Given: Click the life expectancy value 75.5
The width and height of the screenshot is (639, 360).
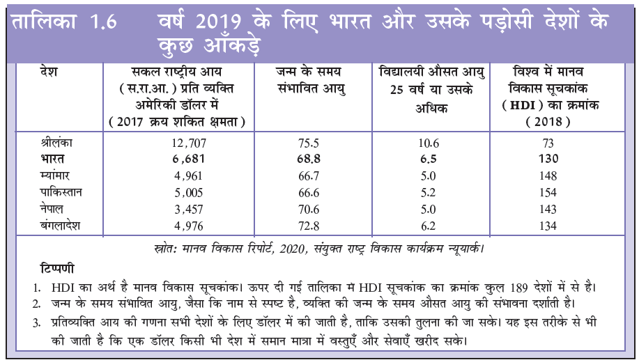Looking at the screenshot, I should tap(309, 144).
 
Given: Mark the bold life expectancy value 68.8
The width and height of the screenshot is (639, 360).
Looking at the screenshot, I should tap(309, 159).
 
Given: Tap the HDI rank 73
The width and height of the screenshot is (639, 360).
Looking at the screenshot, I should tap(547, 144).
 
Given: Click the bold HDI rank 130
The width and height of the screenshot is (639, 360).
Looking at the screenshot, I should tap(548, 159).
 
